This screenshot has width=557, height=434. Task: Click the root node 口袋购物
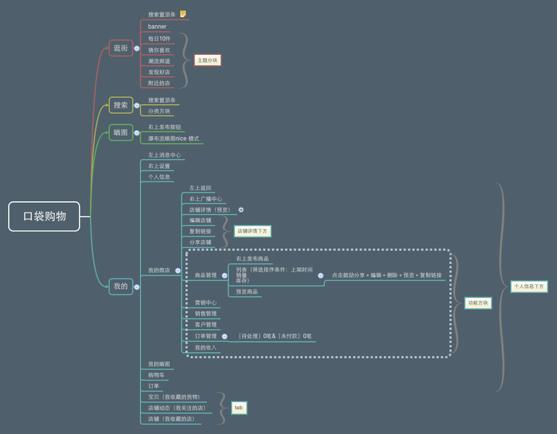(x=44, y=216)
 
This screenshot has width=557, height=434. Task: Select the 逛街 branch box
(x=121, y=48)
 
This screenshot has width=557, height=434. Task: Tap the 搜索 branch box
(x=121, y=106)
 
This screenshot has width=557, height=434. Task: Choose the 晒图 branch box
(x=121, y=132)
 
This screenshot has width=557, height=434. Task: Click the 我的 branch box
(x=121, y=286)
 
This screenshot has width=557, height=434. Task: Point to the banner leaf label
(x=157, y=27)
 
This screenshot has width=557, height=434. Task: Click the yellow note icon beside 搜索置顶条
(x=183, y=14)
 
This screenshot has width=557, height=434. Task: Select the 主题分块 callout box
(x=207, y=60)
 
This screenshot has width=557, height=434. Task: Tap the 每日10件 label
(x=159, y=38)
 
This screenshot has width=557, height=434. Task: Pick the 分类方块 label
(x=159, y=111)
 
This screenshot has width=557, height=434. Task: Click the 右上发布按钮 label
(x=164, y=127)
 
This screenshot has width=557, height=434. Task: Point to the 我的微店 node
(x=159, y=271)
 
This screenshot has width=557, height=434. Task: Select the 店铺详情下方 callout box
(x=252, y=231)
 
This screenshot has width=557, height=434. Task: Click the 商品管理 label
(x=205, y=276)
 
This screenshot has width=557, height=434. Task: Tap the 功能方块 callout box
(x=477, y=303)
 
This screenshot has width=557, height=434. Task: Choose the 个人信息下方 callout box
(x=529, y=286)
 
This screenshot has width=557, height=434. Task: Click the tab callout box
(x=239, y=408)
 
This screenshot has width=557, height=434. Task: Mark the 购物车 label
(x=156, y=375)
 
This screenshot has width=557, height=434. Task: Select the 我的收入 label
(x=205, y=348)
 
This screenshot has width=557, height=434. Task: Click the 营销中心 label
(x=205, y=303)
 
